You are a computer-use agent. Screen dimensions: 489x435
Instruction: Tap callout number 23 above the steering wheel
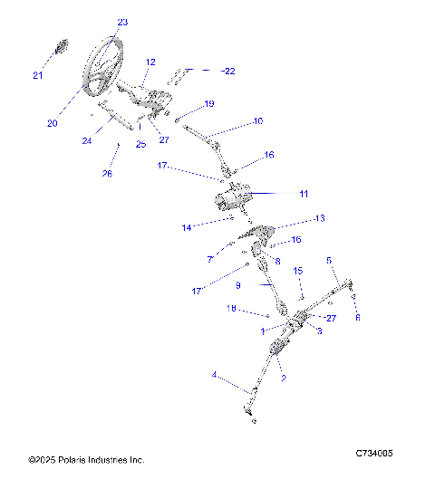point(122,22)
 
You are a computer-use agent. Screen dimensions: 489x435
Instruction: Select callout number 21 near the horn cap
point(38,75)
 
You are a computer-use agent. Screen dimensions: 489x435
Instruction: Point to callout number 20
point(53,123)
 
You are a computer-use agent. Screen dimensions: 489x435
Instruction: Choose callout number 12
point(150,62)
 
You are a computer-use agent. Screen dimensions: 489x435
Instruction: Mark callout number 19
point(208,104)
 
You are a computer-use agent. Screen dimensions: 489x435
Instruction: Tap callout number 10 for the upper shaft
point(257,120)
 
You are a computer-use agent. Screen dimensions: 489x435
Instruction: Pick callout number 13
point(319,219)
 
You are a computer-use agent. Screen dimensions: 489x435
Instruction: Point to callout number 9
point(238,284)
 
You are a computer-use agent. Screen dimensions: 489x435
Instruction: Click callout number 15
point(298,271)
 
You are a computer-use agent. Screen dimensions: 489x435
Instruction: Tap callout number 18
point(231,309)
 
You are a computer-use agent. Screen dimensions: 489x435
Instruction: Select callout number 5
point(330,261)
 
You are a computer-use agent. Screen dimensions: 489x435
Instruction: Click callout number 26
point(107,174)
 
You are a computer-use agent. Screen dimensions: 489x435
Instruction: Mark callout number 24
point(87,140)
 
